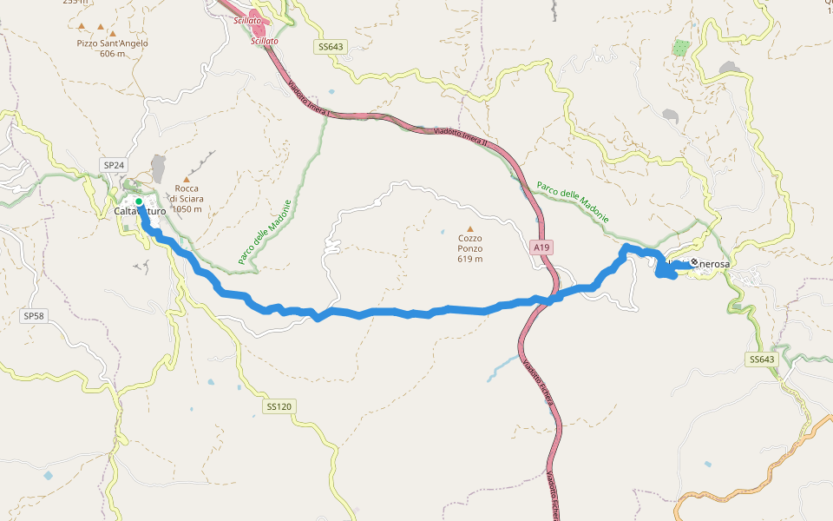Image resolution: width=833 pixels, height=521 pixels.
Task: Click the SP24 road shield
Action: (114, 165)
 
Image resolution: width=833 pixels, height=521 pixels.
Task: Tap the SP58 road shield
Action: (33, 316)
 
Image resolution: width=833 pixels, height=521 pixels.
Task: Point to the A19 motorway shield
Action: (541, 247)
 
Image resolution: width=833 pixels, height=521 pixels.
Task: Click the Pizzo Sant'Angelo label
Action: (112, 43)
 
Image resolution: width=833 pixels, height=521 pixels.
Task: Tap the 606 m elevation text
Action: (112, 54)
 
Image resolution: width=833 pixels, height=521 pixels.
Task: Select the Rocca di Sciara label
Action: (187, 194)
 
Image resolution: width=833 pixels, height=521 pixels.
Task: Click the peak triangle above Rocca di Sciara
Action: (186, 178)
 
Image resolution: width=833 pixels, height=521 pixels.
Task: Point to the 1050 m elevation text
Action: (187, 209)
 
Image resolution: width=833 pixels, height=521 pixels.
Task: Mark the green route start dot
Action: (139, 201)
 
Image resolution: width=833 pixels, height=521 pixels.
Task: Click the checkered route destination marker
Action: (693, 263)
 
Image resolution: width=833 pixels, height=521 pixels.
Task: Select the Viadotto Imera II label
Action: (460, 137)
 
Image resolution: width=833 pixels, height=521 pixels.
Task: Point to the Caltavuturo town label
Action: (140, 211)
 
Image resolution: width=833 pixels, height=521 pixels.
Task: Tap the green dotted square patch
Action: (683, 48)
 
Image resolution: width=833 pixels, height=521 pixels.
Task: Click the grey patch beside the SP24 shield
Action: (158, 168)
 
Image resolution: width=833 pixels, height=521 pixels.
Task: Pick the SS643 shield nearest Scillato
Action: (331, 46)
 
